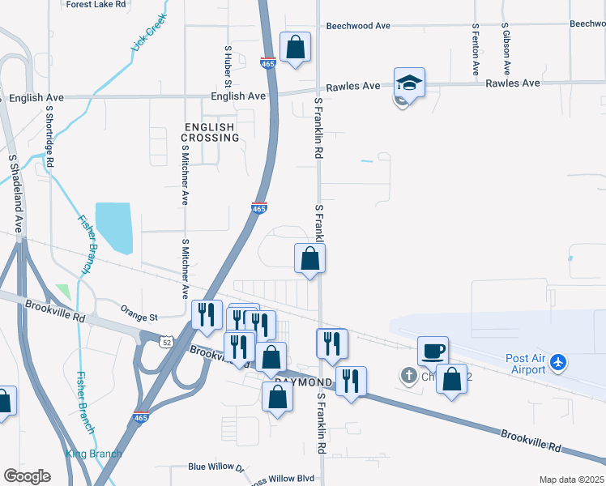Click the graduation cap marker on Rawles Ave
click(x=409, y=83)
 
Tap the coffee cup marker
click(x=432, y=352)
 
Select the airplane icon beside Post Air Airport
click(x=557, y=363)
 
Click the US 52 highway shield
click(x=164, y=343)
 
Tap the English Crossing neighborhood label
click(x=211, y=133)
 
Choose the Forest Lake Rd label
click(x=97, y=4)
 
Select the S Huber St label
click(x=228, y=66)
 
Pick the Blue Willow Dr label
click(x=216, y=467)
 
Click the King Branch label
click(x=93, y=454)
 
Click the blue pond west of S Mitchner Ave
click(x=113, y=227)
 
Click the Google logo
click(x=26, y=475)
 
